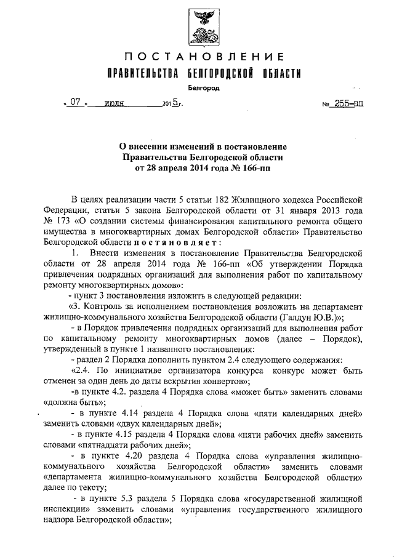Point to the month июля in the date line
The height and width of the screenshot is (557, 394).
click(115, 104)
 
